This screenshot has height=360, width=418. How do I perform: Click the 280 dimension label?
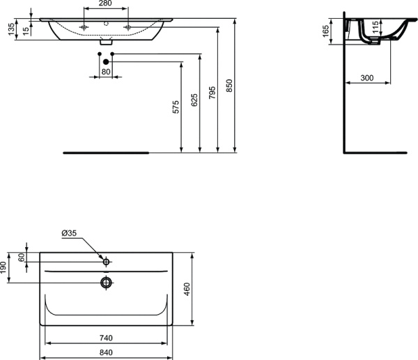(105, 4)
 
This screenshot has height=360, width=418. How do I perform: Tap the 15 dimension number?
(26, 29)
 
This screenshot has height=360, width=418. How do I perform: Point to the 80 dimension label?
(105, 72)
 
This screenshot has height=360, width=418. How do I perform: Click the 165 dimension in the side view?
(325, 32)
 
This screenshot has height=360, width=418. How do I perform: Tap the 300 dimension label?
(367, 79)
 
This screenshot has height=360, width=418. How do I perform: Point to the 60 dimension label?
(22, 257)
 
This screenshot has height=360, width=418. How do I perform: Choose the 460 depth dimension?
(187, 288)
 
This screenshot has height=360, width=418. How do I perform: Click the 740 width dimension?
(105, 338)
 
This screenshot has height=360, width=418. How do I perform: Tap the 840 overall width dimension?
(105, 352)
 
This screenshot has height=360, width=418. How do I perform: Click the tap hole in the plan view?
(106, 263)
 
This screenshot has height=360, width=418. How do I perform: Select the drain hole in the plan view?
(106, 282)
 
